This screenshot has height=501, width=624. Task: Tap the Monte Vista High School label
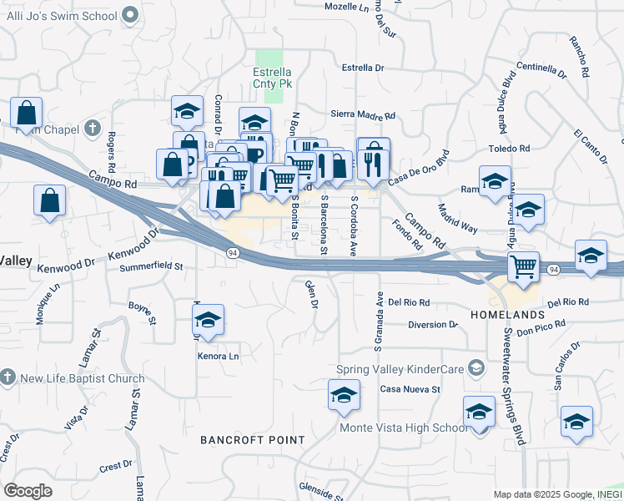click(404, 428)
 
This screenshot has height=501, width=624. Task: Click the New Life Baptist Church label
click(82, 378)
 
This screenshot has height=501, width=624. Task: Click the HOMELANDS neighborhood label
click(506, 315)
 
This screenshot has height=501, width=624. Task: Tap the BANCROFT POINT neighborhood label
click(236, 439)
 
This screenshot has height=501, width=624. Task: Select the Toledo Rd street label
click(509, 149)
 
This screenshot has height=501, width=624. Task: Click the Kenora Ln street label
click(218, 357)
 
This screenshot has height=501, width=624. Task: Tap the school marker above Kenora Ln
click(208, 318)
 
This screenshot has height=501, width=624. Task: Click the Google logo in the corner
click(28, 491)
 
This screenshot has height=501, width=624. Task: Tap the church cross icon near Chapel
click(92, 129)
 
